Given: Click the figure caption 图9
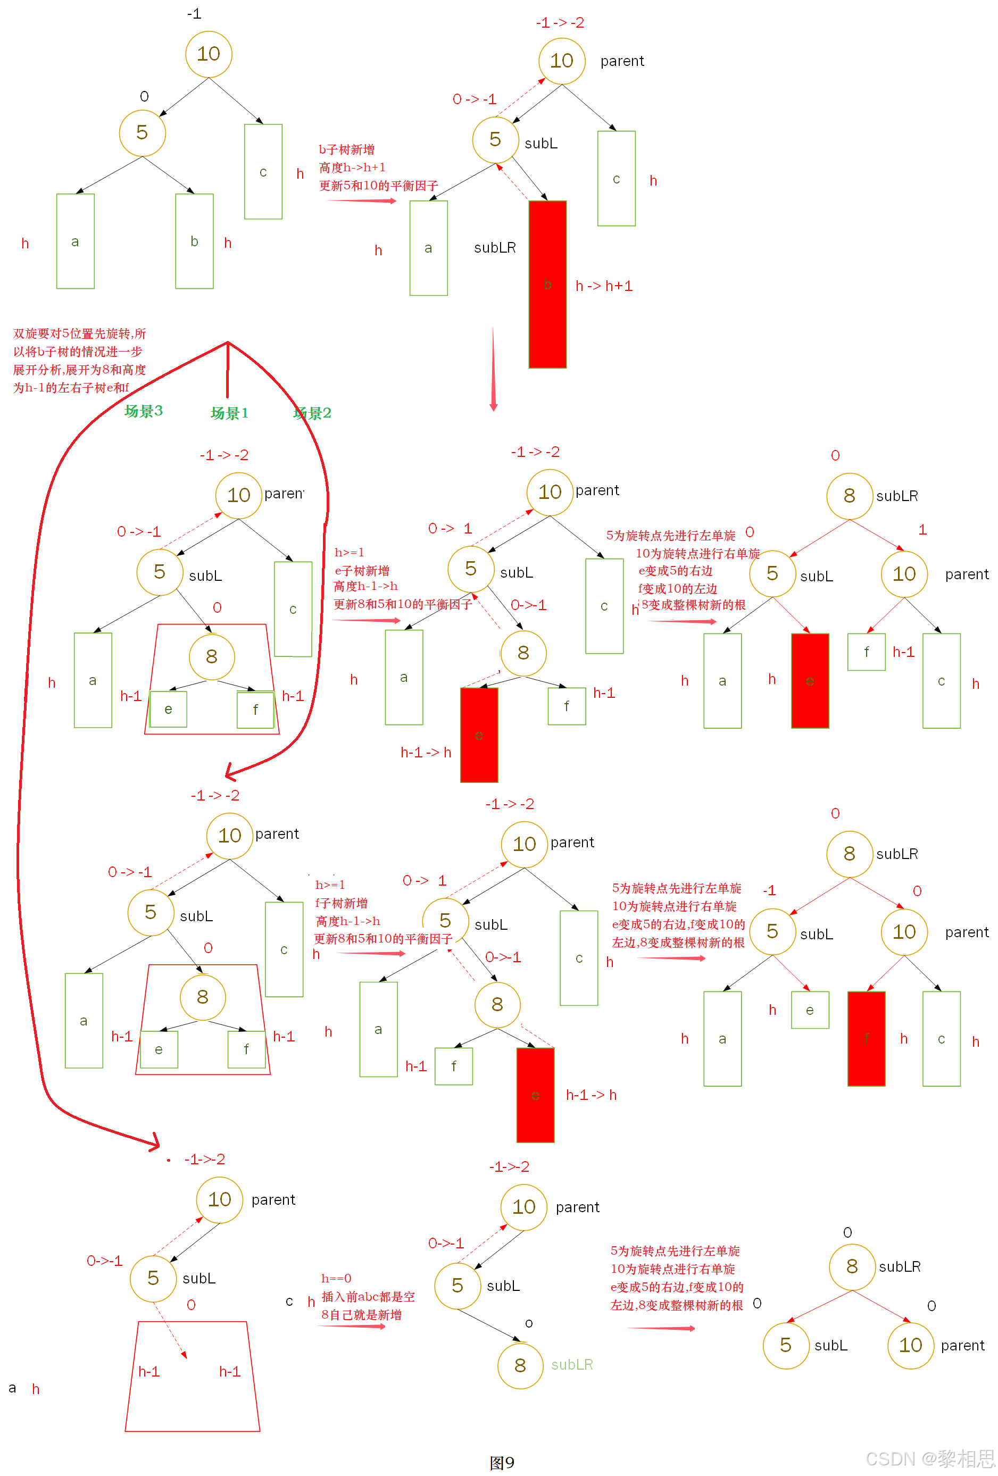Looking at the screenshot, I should tap(502, 1462).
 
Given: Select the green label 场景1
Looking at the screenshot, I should tap(229, 413).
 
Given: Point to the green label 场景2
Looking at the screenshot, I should tap(312, 413).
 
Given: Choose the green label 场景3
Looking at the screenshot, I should tap(144, 411).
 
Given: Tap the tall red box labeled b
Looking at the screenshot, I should tap(547, 284).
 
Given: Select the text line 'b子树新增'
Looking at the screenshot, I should tap(346, 149).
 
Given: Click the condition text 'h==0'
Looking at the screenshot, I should tap(336, 1278).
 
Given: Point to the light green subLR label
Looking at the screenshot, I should tap(572, 1364).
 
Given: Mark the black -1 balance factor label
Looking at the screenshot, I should tap(194, 13).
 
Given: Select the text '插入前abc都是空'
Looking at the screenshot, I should tap(368, 1296).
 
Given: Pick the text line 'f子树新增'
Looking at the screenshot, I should tap(341, 903).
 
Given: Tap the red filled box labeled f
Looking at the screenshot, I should tap(866, 1038).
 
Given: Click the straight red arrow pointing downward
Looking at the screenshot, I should tap(493, 369).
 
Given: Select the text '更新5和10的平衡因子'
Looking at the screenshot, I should tap(379, 186).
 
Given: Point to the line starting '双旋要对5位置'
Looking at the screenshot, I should tap(79, 333).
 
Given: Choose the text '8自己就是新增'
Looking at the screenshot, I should tap(361, 1314).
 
